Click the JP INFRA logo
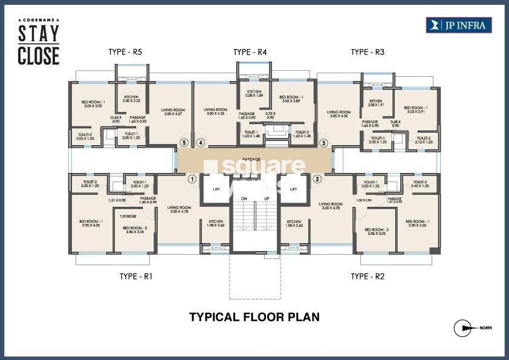point(459,25)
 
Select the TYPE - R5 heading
point(125,53)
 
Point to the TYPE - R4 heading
point(250,53)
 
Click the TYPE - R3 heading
point(368,53)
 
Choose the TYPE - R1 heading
point(136,277)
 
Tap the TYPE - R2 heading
point(368,277)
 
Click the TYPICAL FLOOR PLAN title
point(254,316)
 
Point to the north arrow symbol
point(464,328)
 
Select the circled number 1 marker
point(192,178)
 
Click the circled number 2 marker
point(316,178)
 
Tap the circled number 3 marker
point(323,143)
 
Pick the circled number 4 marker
point(201,143)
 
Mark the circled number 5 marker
point(184,143)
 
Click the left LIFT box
point(215,189)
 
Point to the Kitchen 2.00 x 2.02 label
point(132,100)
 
